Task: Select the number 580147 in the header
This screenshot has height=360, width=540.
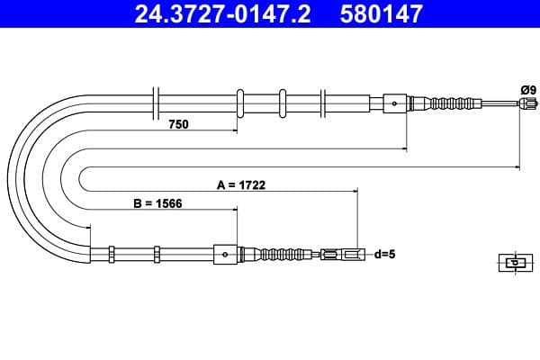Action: pos(382,14)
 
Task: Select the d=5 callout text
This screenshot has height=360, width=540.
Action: pos(384,255)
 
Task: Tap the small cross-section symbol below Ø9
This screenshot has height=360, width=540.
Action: pos(514,263)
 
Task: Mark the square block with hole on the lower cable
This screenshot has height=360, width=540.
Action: pos(225,255)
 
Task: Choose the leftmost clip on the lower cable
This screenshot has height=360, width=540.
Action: pos(110,255)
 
